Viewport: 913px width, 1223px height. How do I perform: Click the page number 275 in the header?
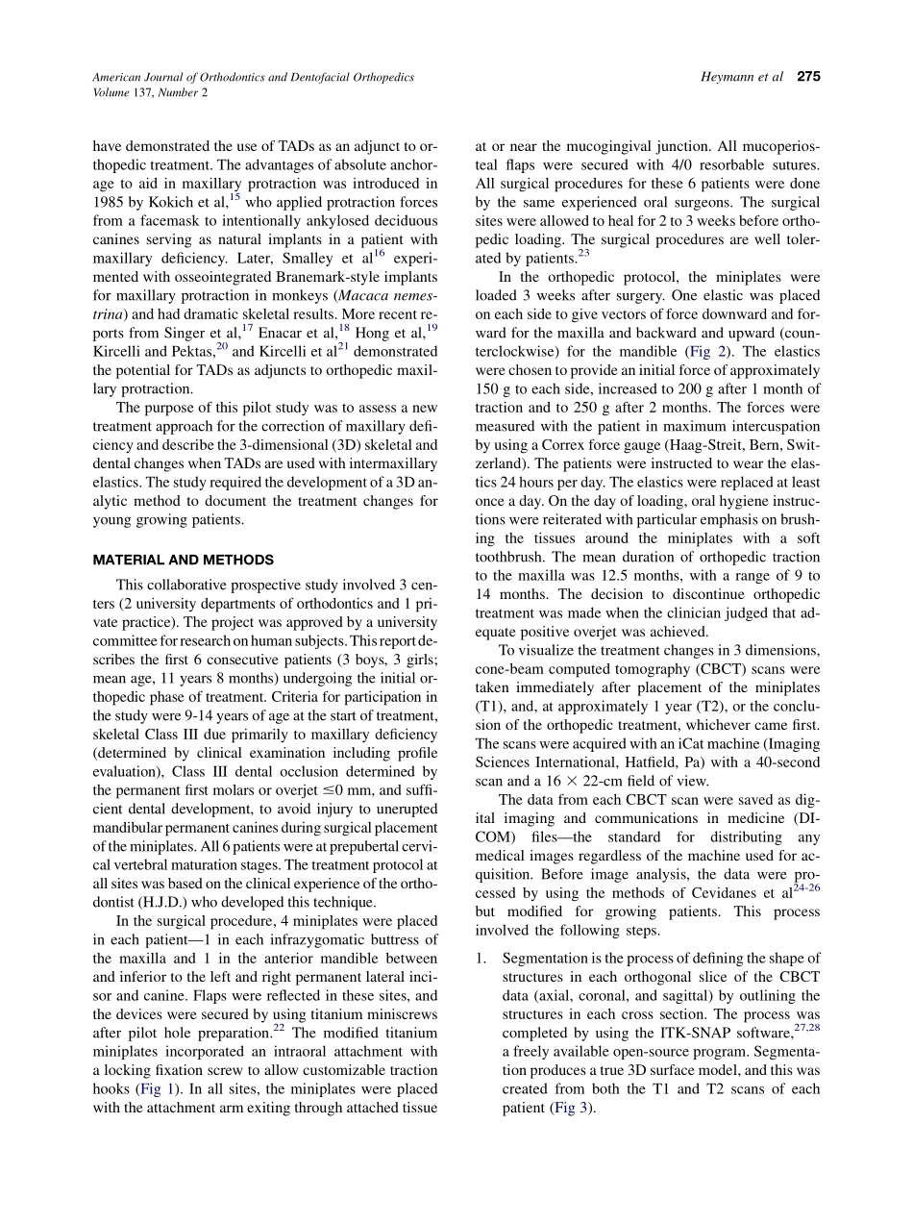[x=808, y=77]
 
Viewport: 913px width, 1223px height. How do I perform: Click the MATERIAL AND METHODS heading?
[x=183, y=560]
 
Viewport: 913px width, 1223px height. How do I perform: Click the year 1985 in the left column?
[x=111, y=203]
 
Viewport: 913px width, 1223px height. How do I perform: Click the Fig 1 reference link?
[x=180, y=1089]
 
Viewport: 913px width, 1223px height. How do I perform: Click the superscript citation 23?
[x=583, y=254]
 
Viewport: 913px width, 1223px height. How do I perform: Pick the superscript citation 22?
[x=279, y=1028]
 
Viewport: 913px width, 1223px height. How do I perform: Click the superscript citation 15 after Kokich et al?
[x=234, y=197]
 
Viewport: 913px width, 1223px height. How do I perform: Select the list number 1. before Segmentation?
[x=482, y=959]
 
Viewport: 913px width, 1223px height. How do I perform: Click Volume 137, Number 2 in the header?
[x=150, y=93]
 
